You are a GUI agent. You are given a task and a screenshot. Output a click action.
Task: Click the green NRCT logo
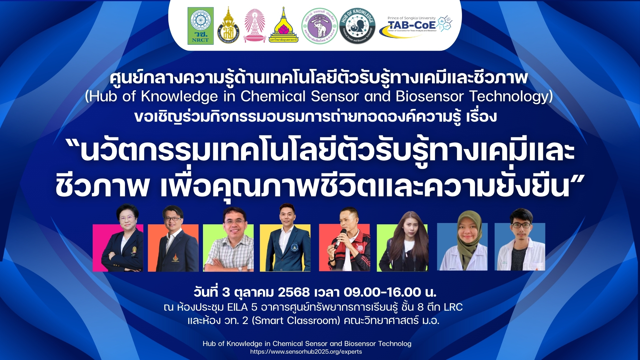(200, 26)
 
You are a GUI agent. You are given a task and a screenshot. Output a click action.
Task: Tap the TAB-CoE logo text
(412, 25)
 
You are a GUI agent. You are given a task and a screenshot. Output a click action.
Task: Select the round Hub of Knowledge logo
(357, 26)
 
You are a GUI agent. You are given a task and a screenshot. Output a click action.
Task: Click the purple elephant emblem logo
(319, 26)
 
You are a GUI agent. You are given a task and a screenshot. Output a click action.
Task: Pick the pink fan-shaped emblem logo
(255, 25)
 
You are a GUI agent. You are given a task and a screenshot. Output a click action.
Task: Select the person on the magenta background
(122, 240)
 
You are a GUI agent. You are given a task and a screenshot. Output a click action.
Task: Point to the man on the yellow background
(286, 240)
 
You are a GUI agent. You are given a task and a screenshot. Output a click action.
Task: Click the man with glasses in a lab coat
(520, 242)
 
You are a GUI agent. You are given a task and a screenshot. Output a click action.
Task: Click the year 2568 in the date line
(294, 292)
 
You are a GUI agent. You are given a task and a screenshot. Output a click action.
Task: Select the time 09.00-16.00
(382, 292)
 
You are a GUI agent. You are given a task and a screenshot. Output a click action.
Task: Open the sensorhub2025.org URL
(306, 352)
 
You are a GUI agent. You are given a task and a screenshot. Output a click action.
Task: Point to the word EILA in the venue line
(237, 307)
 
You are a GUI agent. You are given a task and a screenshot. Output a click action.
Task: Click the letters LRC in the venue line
(453, 307)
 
